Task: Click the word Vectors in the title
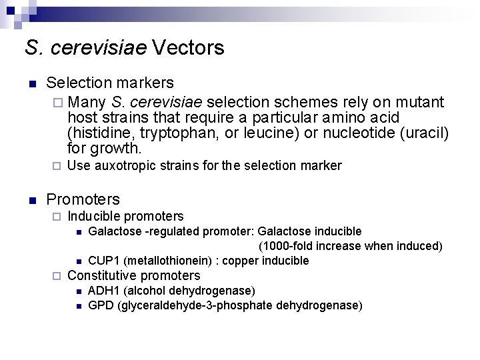click(188, 48)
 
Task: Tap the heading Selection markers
click(110, 83)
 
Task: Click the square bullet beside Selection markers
click(31, 84)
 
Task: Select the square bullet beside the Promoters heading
click(31, 200)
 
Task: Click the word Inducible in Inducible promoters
click(95, 217)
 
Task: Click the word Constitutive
click(103, 276)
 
